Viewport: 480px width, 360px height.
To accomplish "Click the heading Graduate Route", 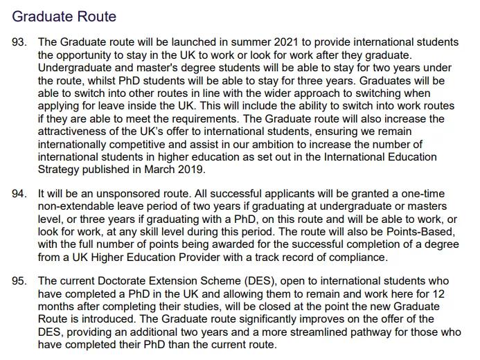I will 64,16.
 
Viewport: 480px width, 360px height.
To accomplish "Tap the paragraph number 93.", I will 19,43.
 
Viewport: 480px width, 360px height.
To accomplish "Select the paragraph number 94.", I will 19,194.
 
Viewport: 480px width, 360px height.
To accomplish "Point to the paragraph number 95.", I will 19,282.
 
